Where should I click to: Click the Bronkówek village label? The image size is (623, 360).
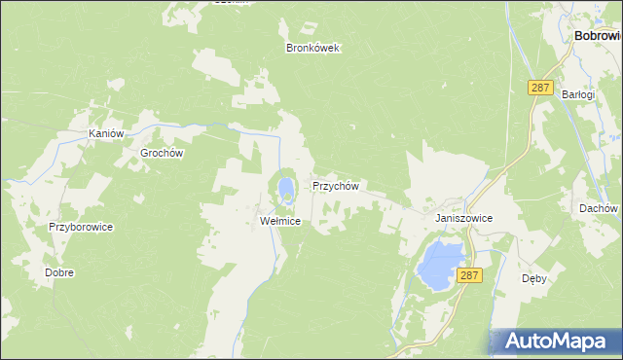(312, 48)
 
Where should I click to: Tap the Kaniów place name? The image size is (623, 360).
(105, 133)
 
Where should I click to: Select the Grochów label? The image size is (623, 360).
(162, 153)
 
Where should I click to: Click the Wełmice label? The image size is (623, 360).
(280, 221)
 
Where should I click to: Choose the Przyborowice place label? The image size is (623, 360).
(82, 227)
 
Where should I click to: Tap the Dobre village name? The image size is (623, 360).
(59, 273)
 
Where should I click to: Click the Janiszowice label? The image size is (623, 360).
(464, 219)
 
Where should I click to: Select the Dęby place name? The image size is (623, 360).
(534, 277)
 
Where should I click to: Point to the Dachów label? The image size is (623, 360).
(598, 208)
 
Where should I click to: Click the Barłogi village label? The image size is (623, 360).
(578, 94)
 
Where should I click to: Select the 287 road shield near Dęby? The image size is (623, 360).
(470, 276)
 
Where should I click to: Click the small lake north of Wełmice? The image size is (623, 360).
(284, 186)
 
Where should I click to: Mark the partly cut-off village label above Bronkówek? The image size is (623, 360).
(231, 2)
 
